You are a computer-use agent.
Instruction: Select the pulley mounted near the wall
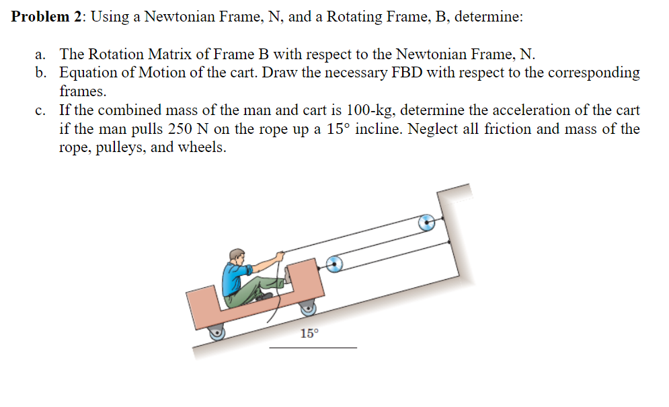coord(426,223)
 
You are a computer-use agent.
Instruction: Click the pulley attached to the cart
coord(334,264)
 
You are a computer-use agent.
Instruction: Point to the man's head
coord(237,256)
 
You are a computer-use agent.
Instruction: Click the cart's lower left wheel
coord(217,332)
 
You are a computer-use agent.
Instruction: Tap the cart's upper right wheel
coord(308,309)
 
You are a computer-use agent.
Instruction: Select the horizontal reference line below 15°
coord(313,348)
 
